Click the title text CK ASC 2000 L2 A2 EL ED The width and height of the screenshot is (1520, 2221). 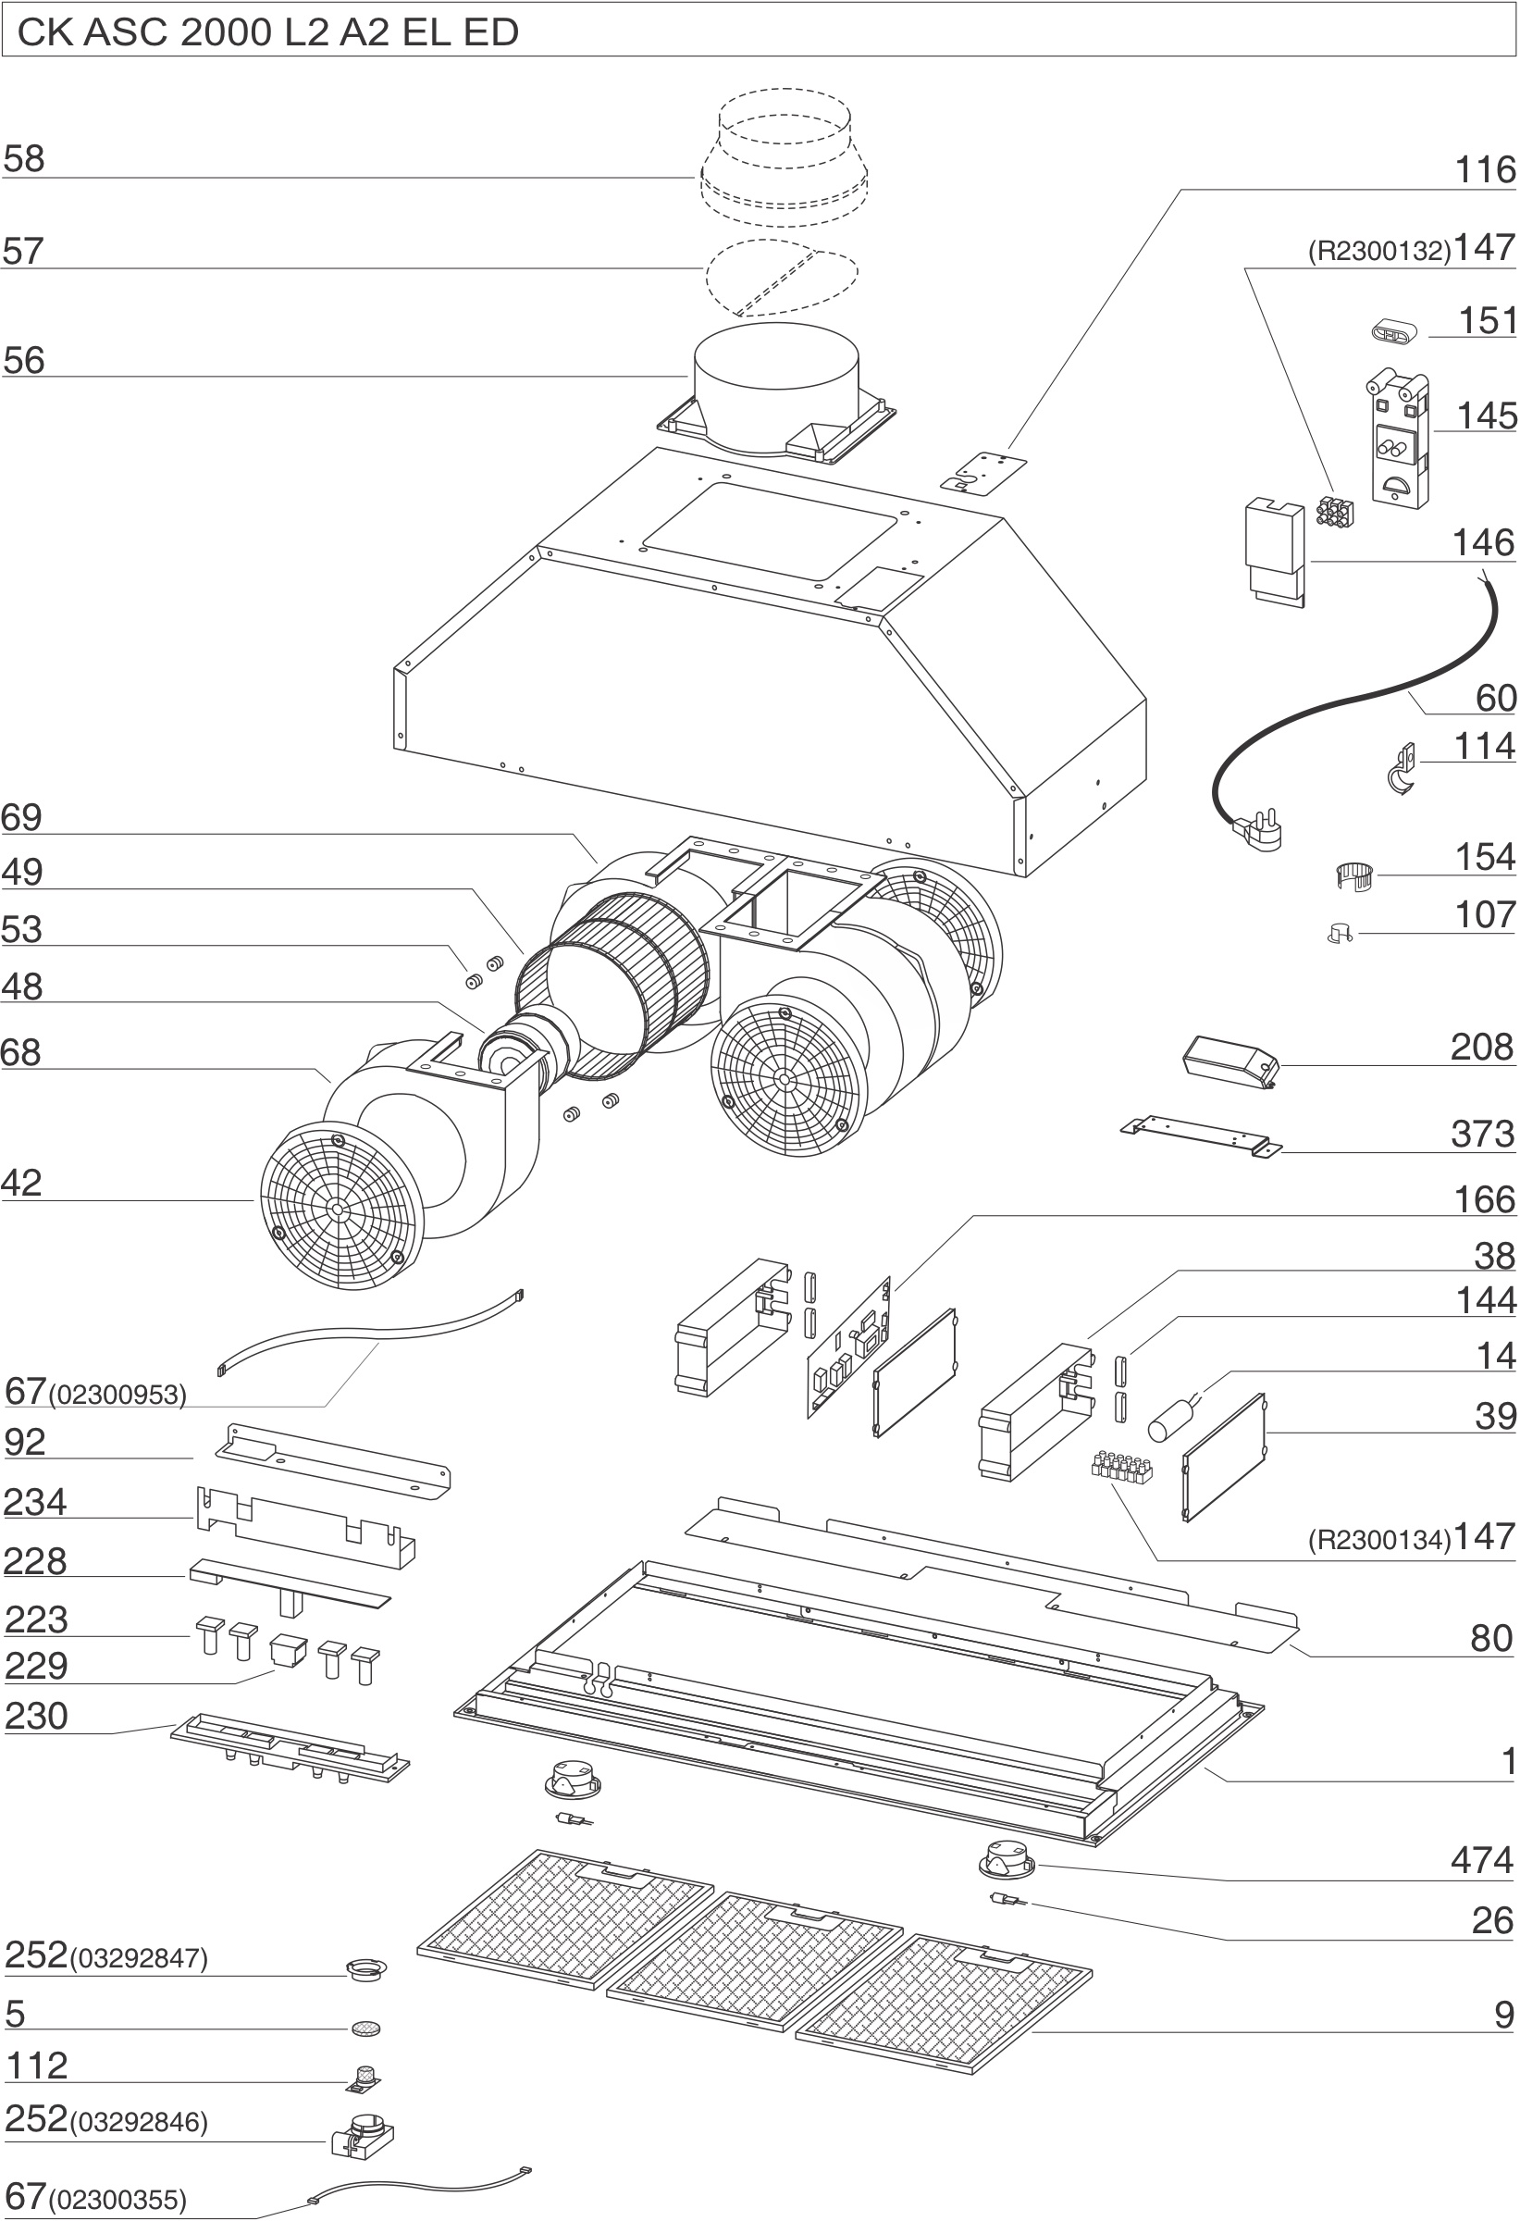pyautogui.click(x=267, y=32)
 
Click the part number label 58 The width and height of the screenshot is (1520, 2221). pyautogui.click(x=24, y=158)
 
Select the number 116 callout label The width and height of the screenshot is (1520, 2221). pyautogui.click(x=1485, y=170)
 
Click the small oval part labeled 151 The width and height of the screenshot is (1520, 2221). pyautogui.click(x=1390, y=332)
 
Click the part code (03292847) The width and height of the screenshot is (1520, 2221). pyautogui.click(x=139, y=1959)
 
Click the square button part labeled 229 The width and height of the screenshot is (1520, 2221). pyautogui.click(x=289, y=1650)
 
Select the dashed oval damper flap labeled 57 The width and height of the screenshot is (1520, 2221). pyautogui.click(x=781, y=276)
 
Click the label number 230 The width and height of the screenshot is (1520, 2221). pyautogui.click(x=36, y=1717)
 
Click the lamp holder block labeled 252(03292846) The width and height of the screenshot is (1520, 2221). pyautogui.click(x=362, y=2133)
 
